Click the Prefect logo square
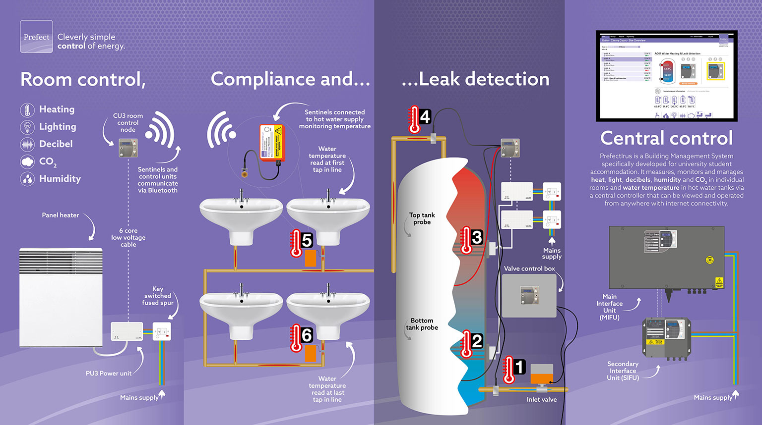click(36, 37)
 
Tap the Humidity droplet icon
click(27, 179)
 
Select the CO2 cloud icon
click(27, 161)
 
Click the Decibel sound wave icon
click(27, 144)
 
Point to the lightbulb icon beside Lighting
click(27, 127)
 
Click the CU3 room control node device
click(128, 148)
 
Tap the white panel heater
click(61, 297)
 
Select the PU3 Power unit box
click(127, 331)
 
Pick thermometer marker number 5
click(302, 242)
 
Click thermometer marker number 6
click(302, 337)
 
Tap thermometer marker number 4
click(419, 119)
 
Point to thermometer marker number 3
click(471, 239)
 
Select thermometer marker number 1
click(513, 369)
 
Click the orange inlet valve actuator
click(541, 374)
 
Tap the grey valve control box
click(529, 296)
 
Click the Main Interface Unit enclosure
click(666, 258)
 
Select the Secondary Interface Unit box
click(666, 338)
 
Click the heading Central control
click(666, 138)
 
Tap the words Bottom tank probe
click(422, 324)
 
